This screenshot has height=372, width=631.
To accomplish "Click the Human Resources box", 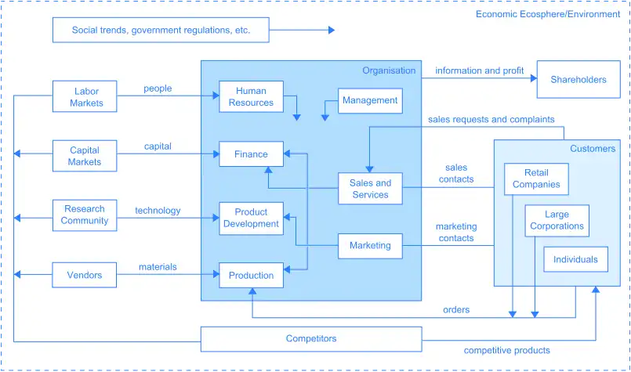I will [x=251, y=96].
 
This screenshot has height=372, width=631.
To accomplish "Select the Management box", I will [x=370, y=101].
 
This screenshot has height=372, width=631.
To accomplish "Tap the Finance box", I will [x=251, y=154].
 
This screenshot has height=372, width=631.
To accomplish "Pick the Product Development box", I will [x=251, y=218].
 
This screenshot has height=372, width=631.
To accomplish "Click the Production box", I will [x=251, y=275].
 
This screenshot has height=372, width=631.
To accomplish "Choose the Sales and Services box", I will [x=370, y=189].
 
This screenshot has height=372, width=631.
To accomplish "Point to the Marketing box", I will [x=370, y=245].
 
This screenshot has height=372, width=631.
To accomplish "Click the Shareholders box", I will [x=578, y=80].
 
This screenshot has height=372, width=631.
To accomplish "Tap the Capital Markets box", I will [x=85, y=156].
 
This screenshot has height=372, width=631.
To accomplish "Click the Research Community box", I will [x=85, y=215].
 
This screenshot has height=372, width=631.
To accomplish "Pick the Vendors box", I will [x=85, y=275].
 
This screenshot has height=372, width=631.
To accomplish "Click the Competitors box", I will [x=311, y=339].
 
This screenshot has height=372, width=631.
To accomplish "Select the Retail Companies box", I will [x=536, y=179].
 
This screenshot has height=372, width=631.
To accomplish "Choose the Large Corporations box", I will [x=557, y=220].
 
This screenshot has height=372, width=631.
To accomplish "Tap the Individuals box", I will [x=575, y=259].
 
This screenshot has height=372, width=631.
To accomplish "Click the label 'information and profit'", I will [x=479, y=70].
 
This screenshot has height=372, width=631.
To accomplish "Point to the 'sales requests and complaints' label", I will [x=491, y=120].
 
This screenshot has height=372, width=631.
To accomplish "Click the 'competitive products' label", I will [x=506, y=350].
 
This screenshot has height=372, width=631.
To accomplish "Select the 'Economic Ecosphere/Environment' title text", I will [x=548, y=14].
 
